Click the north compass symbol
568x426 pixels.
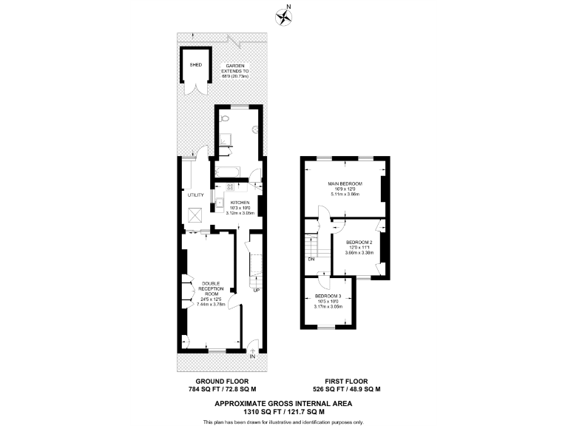coord(283,15)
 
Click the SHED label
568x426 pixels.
coord(196,64)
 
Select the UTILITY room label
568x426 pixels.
coord(195,195)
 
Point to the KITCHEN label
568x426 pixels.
coord(240,203)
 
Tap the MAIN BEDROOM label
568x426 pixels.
coord(345,183)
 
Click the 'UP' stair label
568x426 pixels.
coord(257,290)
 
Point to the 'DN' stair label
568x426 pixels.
coord(311,260)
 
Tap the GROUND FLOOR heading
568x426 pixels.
coord(221,381)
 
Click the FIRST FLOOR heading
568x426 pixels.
coord(347,381)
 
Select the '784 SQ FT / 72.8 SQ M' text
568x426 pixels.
coord(221,389)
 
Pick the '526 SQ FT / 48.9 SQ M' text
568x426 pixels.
coord(347,389)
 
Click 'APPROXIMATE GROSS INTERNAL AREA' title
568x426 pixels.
coord(283,403)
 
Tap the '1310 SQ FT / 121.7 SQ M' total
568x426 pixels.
coord(283,411)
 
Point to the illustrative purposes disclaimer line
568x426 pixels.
coord(283,422)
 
